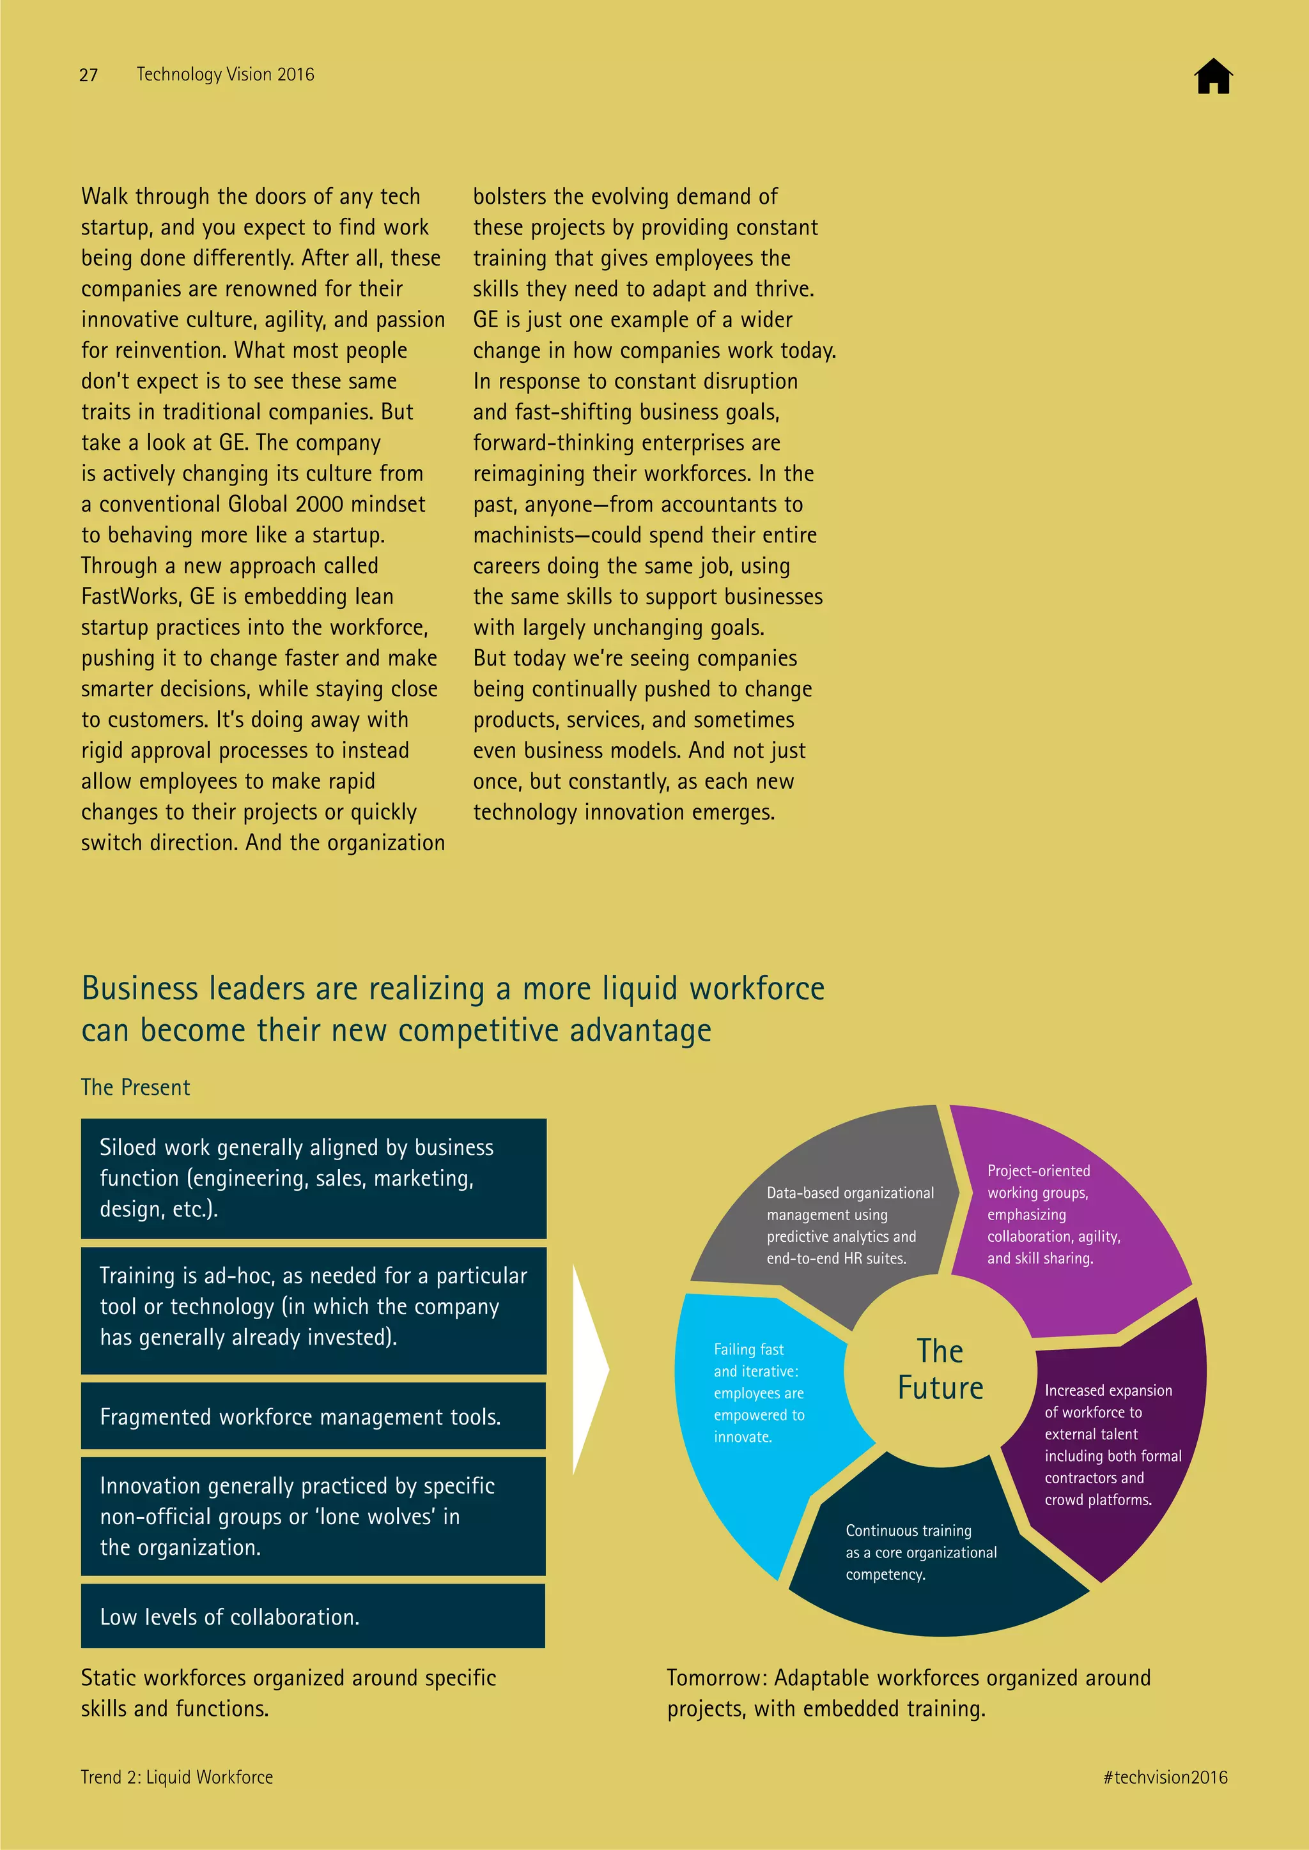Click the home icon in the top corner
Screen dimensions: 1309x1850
point(1213,77)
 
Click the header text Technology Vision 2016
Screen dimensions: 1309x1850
point(226,74)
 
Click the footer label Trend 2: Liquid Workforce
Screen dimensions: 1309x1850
point(176,1777)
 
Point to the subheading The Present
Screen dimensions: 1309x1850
point(136,1087)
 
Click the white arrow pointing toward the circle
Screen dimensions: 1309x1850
point(589,1369)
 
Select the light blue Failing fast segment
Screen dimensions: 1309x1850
point(757,1394)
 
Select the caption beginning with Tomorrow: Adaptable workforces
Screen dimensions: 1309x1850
point(908,1692)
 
